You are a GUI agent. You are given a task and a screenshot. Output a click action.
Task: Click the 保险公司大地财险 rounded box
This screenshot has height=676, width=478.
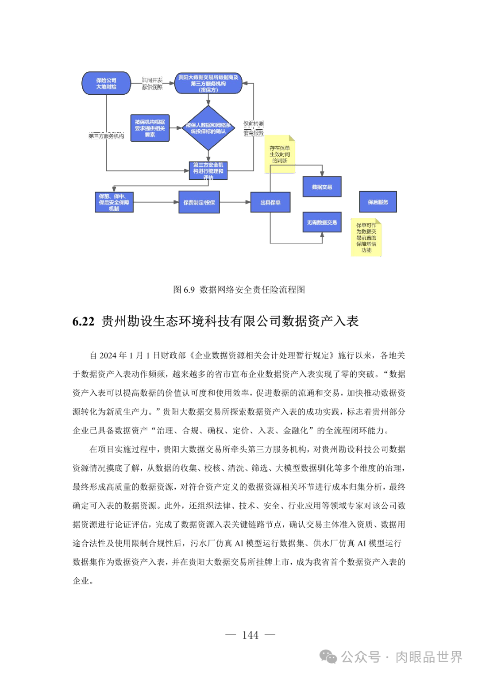point(106,83)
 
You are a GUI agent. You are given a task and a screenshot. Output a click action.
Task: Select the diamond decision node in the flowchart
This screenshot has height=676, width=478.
point(208,128)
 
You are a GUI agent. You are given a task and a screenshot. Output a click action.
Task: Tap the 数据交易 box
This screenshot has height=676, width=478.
point(322,187)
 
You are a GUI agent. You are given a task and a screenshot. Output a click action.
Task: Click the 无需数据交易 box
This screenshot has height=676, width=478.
point(322,222)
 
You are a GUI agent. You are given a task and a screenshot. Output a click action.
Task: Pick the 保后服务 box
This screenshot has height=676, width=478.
point(378,202)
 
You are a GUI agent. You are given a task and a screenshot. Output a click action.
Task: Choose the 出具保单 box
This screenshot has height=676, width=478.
point(270,202)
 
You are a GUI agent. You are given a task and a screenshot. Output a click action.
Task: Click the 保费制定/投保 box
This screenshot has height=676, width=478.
point(199,202)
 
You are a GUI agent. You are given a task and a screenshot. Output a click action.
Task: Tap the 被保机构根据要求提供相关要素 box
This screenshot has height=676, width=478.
point(150,128)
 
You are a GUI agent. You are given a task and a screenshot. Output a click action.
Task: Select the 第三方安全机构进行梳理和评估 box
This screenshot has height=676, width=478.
point(208,171)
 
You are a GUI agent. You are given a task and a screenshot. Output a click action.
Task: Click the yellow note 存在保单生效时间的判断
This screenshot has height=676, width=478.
point(280,155)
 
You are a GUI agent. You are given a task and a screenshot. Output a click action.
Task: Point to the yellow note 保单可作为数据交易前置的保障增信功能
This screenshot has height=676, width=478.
point(366,238)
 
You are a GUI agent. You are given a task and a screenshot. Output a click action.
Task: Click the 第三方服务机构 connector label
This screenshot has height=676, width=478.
point(106,136)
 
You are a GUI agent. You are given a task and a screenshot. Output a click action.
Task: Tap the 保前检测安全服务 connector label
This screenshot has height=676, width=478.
point(254,128)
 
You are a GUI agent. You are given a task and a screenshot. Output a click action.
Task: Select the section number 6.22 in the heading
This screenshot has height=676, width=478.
point(83,321)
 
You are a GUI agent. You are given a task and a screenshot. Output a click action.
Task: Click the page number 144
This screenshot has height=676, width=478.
point(250,635)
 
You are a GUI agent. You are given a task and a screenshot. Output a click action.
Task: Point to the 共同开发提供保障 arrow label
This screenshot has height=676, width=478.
point(152,83)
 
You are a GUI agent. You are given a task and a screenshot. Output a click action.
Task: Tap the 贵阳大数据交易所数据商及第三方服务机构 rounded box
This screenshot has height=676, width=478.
point(208,83)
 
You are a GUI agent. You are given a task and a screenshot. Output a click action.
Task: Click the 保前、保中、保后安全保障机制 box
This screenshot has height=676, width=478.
point(114,202)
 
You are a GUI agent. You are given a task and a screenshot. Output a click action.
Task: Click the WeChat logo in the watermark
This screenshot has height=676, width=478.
point(328,657)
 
